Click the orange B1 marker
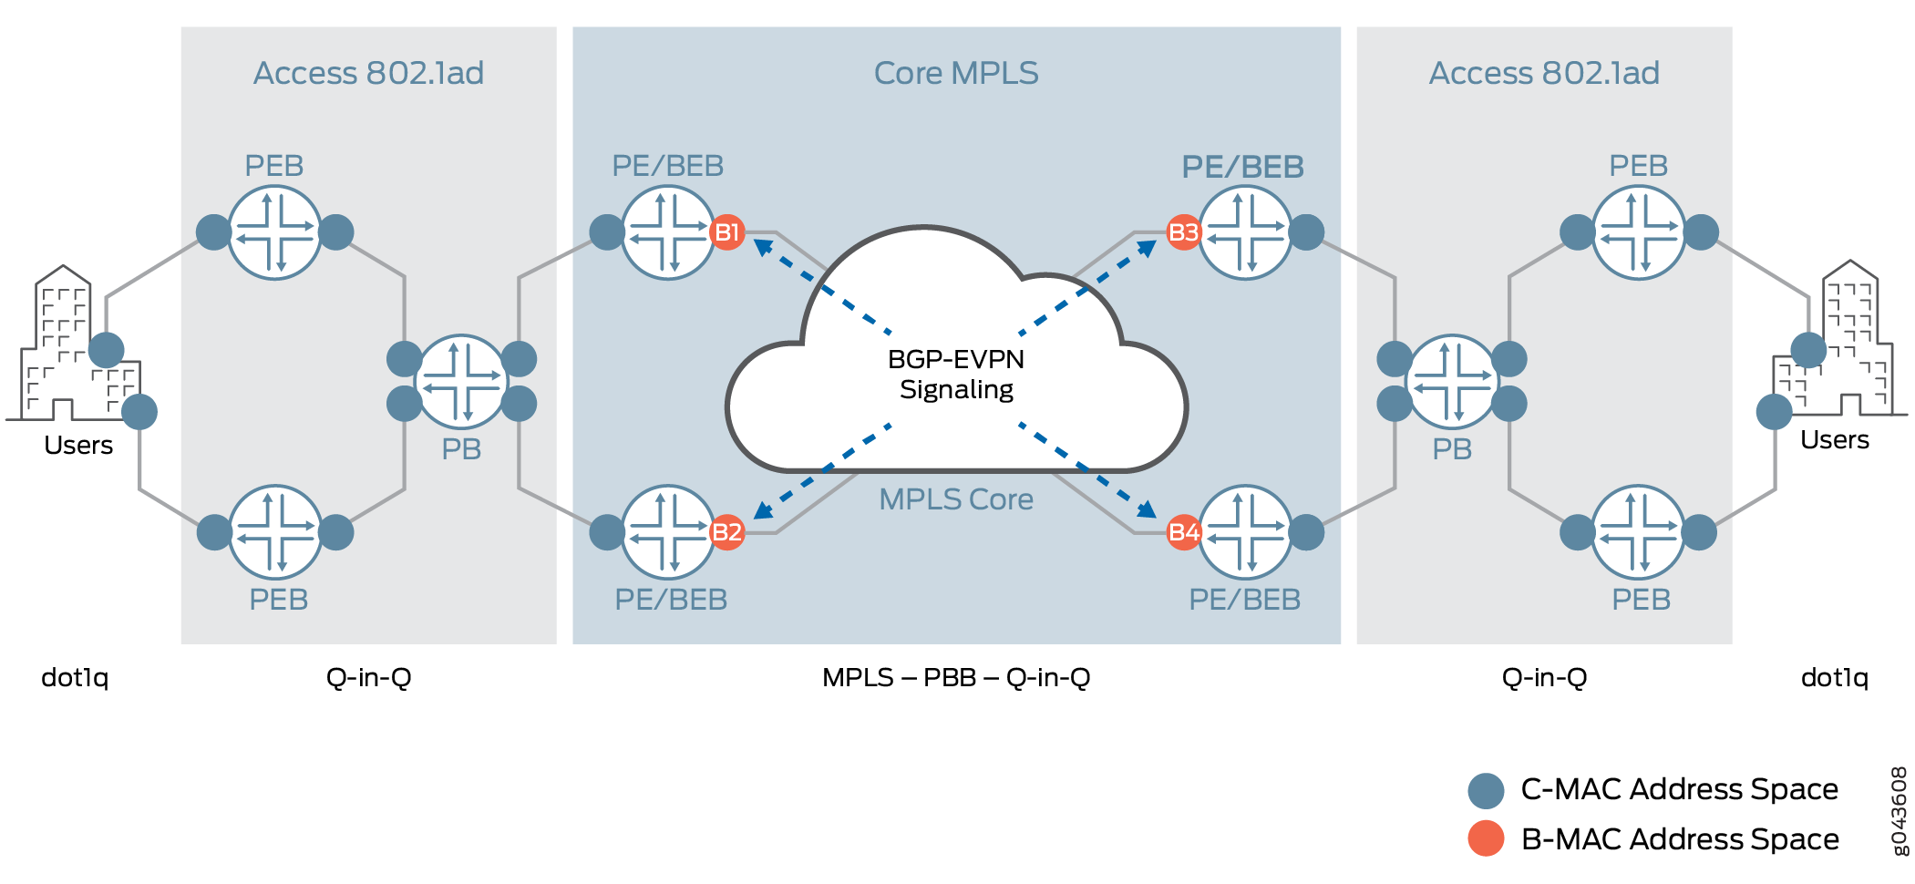pos(726,232)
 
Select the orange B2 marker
pos(726,532)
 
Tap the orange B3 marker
pos(1183,232)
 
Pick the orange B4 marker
pos(1183,532)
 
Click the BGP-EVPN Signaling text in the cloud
pos(956,375)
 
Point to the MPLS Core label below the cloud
pos(956,499)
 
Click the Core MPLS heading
pos(956,73)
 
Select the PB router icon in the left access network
pos(462,381)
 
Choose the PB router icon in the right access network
pos(1452,381)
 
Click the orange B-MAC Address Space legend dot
pos(1486,838)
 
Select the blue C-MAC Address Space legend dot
pos(1486,790)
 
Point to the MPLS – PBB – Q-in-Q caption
pos(956,678)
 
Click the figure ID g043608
pos(1900,811)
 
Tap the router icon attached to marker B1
pos(668,232)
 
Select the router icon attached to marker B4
pos(1245,532)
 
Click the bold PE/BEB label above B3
pos(1242,167)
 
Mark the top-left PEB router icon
pos(274,232)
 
